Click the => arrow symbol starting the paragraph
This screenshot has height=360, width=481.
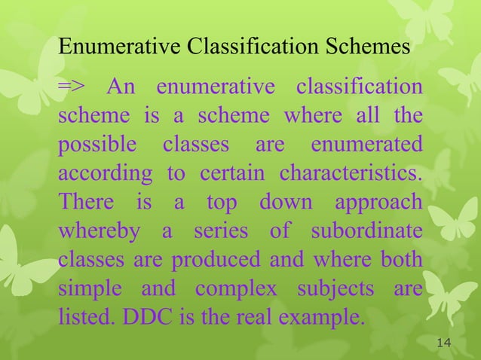click(x=72, y=89)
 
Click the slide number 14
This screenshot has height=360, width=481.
click(x=443, y=343)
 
